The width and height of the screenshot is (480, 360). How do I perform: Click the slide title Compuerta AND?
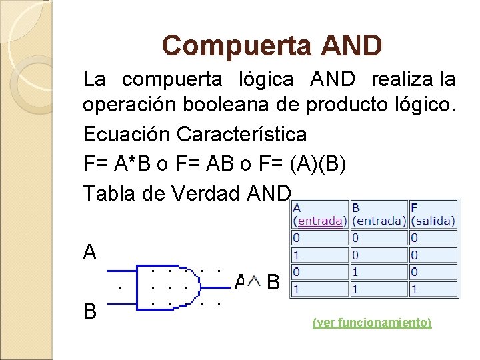(272, 45)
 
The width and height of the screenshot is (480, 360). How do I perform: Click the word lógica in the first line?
(265, 80)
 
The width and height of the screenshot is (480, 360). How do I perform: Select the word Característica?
(242, 134)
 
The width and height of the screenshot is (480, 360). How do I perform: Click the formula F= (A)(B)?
(303, 163)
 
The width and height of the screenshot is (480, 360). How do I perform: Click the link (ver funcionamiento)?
(372, 323)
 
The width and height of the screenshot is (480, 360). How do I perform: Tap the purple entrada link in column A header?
(320, 221)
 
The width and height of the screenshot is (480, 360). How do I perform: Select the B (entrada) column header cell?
(378, 214)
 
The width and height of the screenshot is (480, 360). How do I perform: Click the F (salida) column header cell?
(433, 214)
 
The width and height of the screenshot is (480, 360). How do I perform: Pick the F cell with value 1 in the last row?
(433, 289)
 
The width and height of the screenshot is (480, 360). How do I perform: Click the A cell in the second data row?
(319, 255)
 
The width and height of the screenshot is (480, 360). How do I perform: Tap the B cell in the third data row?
(378, 272)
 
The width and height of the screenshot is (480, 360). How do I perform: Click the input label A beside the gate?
(90, 252)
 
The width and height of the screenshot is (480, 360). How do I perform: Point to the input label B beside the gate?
(90, 311)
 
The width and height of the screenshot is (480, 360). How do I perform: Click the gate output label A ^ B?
(257, 283)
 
